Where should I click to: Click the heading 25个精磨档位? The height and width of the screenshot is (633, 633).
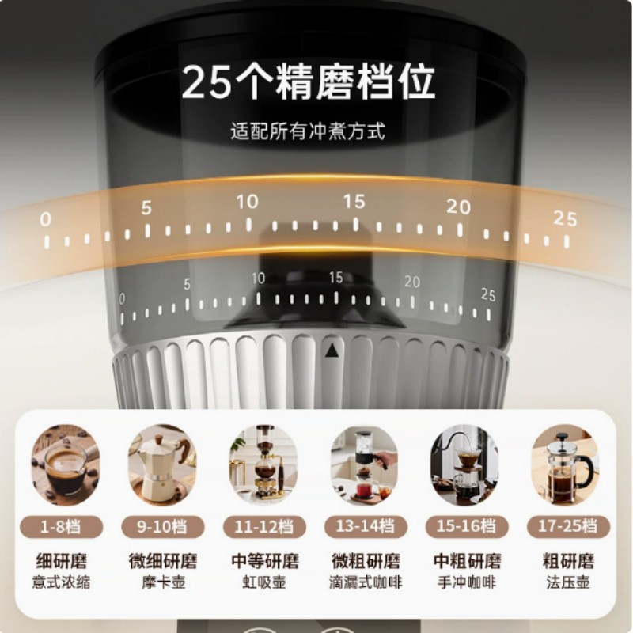coord(309,83)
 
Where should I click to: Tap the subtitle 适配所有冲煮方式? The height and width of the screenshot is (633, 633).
coord(308,131)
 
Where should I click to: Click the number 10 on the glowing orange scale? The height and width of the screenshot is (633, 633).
coord(247,202)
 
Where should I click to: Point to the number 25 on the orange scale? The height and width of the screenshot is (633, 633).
coord(565,218)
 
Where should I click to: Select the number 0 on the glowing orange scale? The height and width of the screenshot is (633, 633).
coord(45,219)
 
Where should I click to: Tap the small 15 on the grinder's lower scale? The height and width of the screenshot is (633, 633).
coord(336,278)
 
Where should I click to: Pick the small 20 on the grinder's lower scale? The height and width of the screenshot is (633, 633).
coord(412,282)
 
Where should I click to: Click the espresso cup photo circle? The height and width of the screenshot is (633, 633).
coord(66,465)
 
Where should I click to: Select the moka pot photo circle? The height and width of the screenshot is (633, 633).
coord(163,465)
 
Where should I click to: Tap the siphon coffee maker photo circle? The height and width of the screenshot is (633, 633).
coord(263,465)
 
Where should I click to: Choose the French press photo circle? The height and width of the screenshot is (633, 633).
coord(565,465)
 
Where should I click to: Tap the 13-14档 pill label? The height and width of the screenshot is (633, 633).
coord(364,526)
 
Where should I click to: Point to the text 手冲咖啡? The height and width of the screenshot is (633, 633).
coord(467,583)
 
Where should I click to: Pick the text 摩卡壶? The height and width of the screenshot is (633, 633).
coord(163,583)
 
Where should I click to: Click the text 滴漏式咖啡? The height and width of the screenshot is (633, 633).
coord(364,583)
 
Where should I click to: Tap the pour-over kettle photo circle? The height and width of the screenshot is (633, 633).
coord(464,465)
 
